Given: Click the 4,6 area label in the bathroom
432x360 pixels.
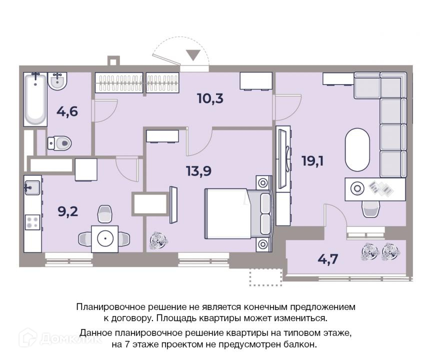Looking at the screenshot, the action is click(x=67, y=111).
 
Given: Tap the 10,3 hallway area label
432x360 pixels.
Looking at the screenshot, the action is click(x=210, y=98).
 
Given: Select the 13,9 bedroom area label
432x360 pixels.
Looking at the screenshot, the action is click(x=198, y=171).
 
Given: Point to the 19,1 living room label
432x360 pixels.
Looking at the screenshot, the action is click(x=312, y=161).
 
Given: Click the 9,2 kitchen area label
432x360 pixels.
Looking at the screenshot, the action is click(x=68, y=212).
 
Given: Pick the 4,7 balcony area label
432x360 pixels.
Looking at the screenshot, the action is click(x=328, y=259).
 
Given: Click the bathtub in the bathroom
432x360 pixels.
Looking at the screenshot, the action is click(x=35, y=99).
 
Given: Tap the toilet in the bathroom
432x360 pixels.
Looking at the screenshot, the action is click(x=59, y=143).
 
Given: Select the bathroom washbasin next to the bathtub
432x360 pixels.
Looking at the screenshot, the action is click(x=57, y=80).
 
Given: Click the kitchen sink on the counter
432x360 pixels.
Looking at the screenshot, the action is click(x=32, y=188).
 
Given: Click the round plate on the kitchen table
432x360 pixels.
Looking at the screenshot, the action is click(x=105, y=238).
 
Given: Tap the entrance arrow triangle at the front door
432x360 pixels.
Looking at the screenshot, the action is click(x=193, y=55).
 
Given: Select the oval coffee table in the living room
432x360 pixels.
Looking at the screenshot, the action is click(x=357, y=150).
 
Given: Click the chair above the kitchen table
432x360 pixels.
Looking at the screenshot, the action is click(x=105, y=213).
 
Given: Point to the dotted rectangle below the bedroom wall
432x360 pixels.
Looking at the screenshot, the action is click(x=266, y=277).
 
